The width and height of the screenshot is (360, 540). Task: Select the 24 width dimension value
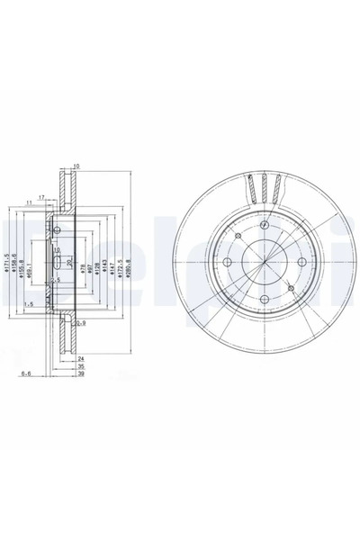pos(80,357)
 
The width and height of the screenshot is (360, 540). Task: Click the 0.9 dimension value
pos(80,321)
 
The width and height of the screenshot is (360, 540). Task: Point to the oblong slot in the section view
pos(56,262)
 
